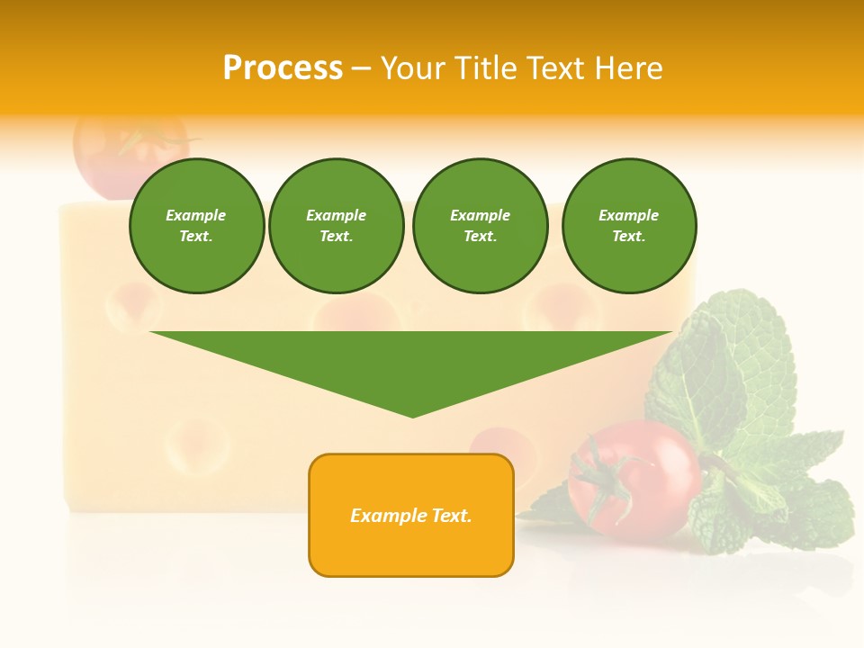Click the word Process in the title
283,68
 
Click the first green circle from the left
196,226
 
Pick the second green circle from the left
336,226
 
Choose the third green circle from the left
480,226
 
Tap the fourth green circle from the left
628,226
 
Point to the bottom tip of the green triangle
413,416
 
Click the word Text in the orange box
451,516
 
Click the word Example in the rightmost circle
628,215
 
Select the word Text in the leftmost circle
195,237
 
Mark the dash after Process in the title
361,68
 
